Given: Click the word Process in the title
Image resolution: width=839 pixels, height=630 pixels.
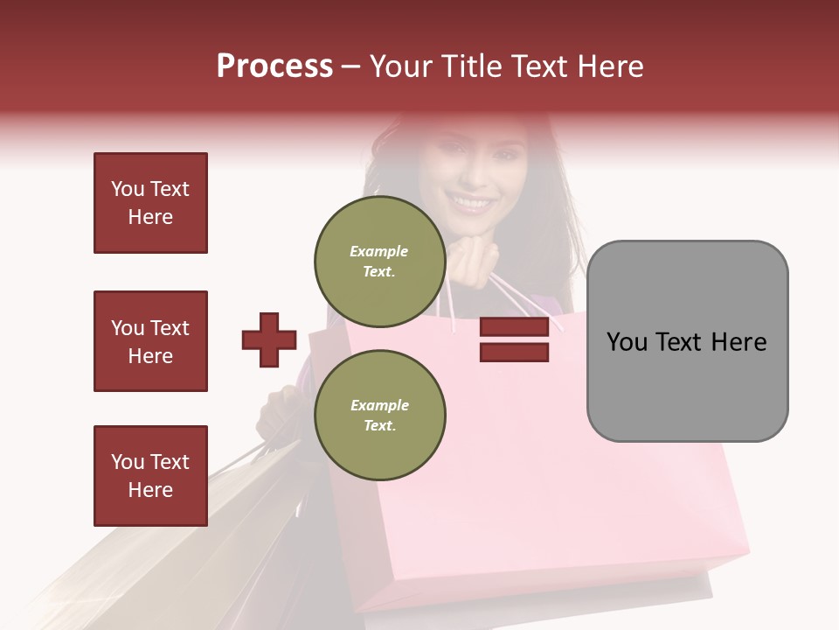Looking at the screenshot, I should pos(274,66).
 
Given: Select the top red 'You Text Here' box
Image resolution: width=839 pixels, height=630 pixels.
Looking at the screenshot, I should pos(150,203).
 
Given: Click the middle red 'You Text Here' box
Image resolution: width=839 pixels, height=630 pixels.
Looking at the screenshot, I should pos(150,341).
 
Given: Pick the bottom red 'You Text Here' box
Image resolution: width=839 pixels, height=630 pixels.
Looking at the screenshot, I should pos(150,476).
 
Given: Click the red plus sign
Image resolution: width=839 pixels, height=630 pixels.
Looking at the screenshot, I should pos(269,339).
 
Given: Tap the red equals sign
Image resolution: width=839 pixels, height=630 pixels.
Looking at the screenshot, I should pos(514,339).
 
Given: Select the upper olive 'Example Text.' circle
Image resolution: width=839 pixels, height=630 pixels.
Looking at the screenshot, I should pos(379,261).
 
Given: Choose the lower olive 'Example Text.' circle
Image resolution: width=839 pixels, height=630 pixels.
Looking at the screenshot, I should pos(379,415).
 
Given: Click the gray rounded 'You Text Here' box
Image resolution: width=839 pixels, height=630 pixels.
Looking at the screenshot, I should pos(687,341).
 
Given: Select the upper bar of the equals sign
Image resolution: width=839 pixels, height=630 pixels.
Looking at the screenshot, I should pos(514,327).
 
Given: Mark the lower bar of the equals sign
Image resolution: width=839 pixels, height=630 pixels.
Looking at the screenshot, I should pos(514,352).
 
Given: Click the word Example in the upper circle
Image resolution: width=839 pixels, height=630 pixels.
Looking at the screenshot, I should pos(379,251).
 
